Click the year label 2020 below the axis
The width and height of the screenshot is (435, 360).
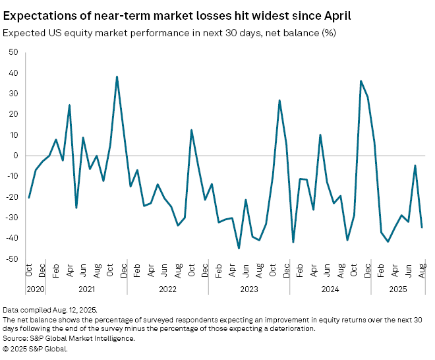pyautogui.click(x=36, y=288)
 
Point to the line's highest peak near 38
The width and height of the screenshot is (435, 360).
pyautogui.click(x=117, y=76)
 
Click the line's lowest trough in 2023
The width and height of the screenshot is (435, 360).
pyautogui.click(x=239, y=249)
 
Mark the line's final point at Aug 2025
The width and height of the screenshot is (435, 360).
pyautogui.click(x=422, y=227)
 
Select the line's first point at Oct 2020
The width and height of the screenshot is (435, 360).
pyautogui.click(x=28, y=197)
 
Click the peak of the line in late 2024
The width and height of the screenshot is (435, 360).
pyautogui.click(x=361, y=81)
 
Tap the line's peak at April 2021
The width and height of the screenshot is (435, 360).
pyautogui.click(x=69, y=105)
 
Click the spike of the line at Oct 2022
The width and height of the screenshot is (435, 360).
pyautogui.click(x=191, y=130)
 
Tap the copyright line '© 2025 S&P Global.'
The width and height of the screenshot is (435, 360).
pyautogui.click(x=36, y=348)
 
